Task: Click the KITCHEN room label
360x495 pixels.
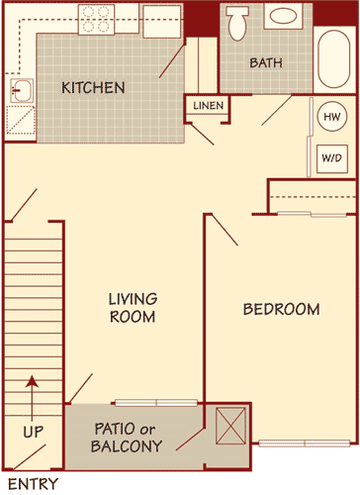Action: [x=93, y=88]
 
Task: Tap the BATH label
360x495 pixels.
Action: [x=265, y=62]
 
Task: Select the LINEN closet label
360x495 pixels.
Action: [x=208, y=105]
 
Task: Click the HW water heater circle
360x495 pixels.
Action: [x=330, y=116]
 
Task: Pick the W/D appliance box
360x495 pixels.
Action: [x=329, y=157]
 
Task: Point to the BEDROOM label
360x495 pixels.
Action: [x=281, y=310]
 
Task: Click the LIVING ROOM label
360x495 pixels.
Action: [x=133, y=307]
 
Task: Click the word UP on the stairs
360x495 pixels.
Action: [x=32, y=433]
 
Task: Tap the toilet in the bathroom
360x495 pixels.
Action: [x=237, y=22]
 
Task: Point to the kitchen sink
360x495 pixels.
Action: [x=21, y=92]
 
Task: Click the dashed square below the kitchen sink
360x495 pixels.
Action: [x=19, y=120]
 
